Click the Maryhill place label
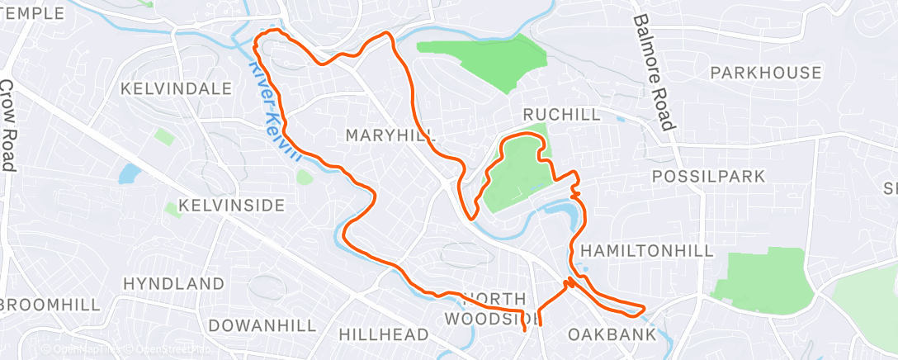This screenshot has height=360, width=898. click(390, 135)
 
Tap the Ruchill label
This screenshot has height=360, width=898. click(562, 115)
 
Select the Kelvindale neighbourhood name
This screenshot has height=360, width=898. click(176, 88)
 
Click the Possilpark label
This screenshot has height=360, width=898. click(708, 176)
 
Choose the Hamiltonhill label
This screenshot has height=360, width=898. click(646, 250)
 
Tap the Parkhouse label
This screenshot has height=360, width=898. click(766, 73)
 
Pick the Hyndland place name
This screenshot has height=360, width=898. click(173, 283)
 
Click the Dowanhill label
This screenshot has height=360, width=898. click(262, 325)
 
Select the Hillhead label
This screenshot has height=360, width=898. click(384, 334)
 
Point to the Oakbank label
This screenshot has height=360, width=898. click(612, 334)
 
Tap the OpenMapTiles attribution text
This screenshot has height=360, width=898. click(83, 349)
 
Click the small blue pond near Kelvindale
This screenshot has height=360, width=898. click(130, 173)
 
